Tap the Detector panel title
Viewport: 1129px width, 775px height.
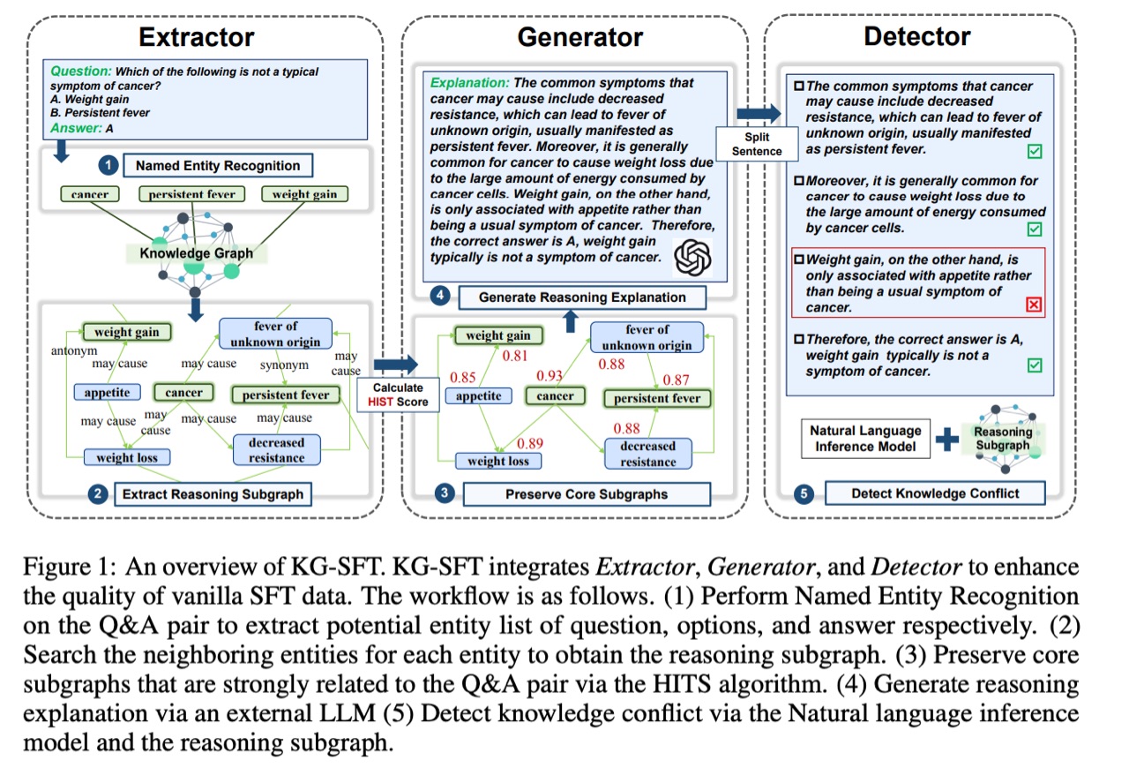(x=917, y=36)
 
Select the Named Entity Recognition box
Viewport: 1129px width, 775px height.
(x=217, y=165)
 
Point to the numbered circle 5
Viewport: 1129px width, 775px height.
(x=804, y=493)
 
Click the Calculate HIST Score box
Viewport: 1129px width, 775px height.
(x=398, y=395)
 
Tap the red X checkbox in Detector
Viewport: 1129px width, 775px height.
(x=1035, y=305)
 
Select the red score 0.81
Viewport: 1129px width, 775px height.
(x=516, y=356)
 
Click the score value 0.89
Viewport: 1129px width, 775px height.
(x=530, y=443)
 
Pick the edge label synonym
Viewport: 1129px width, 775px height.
(x=284, y=364)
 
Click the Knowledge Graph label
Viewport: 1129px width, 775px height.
(x=196, y=253)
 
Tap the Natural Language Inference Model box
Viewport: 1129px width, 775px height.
(x=864, y=439)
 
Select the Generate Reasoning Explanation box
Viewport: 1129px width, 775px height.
(x=582, y=297)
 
